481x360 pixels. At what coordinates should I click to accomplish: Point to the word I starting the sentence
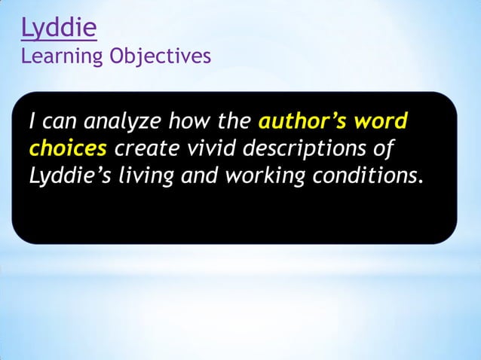(32, 121)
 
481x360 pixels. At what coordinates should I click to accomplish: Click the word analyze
(114, 123)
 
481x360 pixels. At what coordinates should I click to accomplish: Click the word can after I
(59, 123)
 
